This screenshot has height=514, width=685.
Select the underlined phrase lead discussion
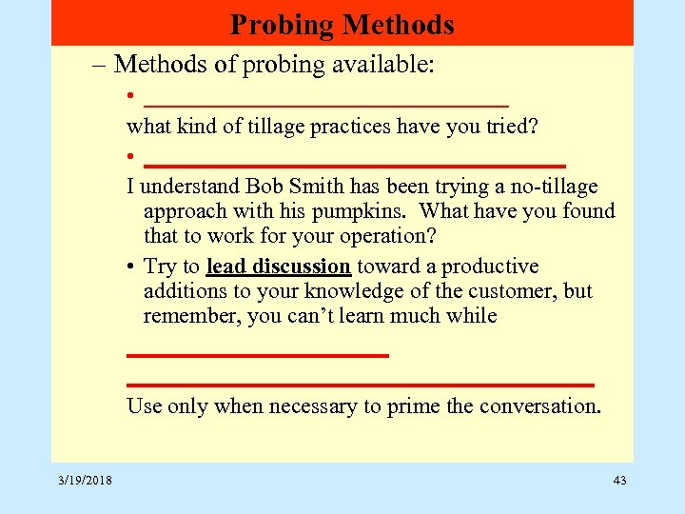(x=279, y=267)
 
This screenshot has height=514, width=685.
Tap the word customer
(x=514, y=291)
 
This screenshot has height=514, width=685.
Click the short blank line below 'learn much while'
(x=258, y=355)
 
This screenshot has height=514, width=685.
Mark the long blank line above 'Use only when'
(x=361, y=385)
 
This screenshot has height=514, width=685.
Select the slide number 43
(x=619, y=481)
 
